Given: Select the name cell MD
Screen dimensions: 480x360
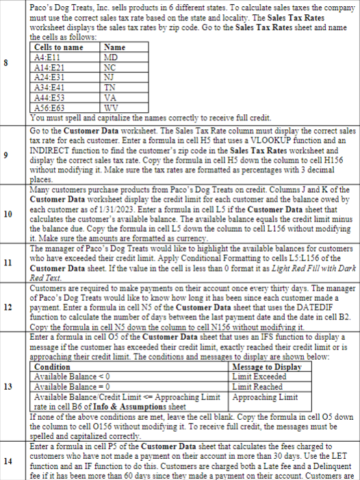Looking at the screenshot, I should pyautogui.click(x=110, y=57).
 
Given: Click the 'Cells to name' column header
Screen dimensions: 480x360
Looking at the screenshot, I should pyautogui.click(x=58, y=47).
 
